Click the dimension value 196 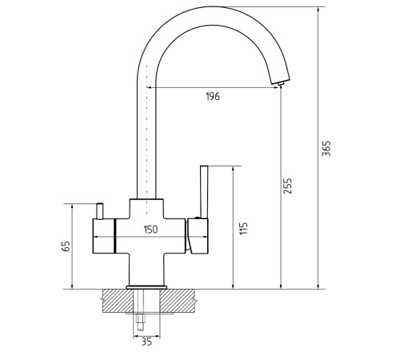pos(213,96)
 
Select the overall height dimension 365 pos(326,148)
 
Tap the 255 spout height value pos(288,186)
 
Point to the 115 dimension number pos(243,228)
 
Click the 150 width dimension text pos(150,230)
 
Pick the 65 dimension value pos(66,246)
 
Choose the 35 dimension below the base pos(146,342)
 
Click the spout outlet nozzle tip pos(281,84)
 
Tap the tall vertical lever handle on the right pos(204,192)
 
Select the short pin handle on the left pos(100,211)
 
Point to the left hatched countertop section pos(118,301)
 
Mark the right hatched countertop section pos(178,301)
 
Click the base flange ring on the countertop pos(146,287)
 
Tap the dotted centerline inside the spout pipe pos(146,139)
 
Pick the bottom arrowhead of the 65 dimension pos(72,286)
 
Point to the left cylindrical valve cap pos(104,236)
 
